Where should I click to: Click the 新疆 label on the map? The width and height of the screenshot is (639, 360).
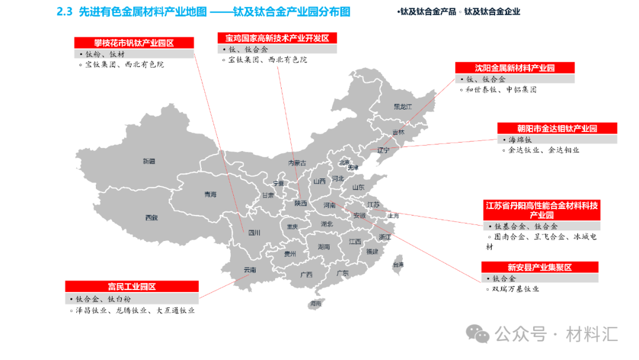coord(149,161)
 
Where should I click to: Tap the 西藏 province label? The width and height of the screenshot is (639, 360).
coord(151,218)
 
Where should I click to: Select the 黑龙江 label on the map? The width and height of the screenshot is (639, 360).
coord(402,107)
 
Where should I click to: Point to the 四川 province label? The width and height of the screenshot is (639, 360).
coord(254,233)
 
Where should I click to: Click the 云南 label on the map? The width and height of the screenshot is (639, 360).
coord(250,270)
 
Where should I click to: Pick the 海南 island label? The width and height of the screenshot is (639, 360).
coord(315,304)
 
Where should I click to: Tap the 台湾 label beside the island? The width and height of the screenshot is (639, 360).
coord(398,265)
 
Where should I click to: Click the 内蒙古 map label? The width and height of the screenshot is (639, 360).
coord(297,163)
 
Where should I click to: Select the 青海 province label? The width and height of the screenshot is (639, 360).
coord(210,194)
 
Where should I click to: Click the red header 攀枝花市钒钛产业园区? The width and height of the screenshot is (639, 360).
coord(134,43)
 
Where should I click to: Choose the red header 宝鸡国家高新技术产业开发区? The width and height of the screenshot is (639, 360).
coord(277,38)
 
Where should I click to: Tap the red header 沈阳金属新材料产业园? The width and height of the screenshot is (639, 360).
coord(514,67)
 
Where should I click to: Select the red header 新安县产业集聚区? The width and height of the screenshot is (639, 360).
coord(539,267)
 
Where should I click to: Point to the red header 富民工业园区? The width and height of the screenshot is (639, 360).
coord(131,287)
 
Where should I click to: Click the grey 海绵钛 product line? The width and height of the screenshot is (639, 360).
coord(521,140)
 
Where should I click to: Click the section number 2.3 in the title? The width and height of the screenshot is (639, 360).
coord(63,11)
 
